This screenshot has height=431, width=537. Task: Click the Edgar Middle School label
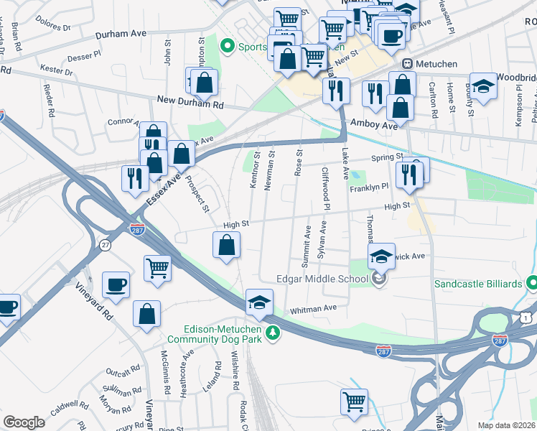(323, 279)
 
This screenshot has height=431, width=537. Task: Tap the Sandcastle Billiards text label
(477, 284)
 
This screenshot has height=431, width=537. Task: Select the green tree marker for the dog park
(272, 333)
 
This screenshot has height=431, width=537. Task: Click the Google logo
(24, 422)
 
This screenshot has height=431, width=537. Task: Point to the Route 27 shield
(106, 245)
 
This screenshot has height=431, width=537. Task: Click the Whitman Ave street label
(313, 309)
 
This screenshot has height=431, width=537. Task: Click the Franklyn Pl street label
(369, 187)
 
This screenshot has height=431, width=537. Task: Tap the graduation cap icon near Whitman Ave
(259, 302)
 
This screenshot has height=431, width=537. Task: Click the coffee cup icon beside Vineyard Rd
(116, 284)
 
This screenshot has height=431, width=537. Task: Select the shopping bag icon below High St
(226, 245)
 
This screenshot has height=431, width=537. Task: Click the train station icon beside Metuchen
(407, 64)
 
